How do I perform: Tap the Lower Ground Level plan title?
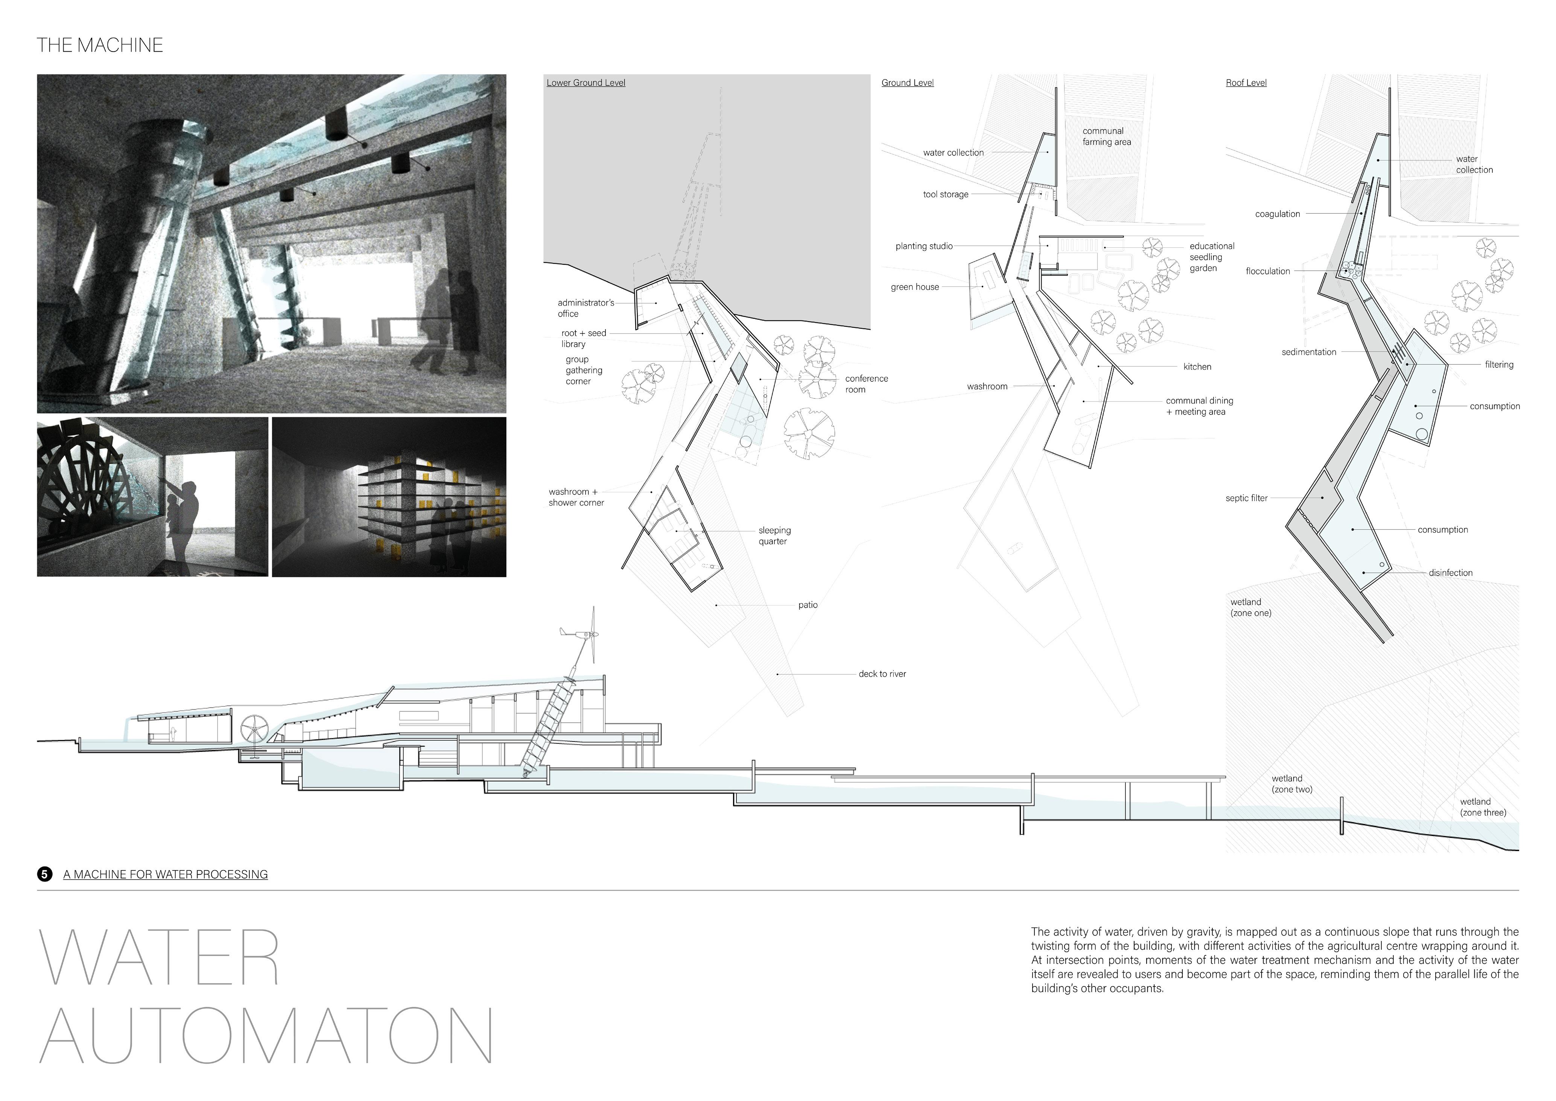(586, 83)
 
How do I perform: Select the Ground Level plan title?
(907, 83)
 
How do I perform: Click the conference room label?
(866, 384)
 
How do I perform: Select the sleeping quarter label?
(774, 535)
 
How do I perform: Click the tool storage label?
(945, 195)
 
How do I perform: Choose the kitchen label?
(1197, 367)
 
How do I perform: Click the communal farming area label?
(1106, 136)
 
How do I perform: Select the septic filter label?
(1246, 498)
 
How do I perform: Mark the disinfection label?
(1450, 573)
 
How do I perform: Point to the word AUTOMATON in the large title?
(266, 1036)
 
